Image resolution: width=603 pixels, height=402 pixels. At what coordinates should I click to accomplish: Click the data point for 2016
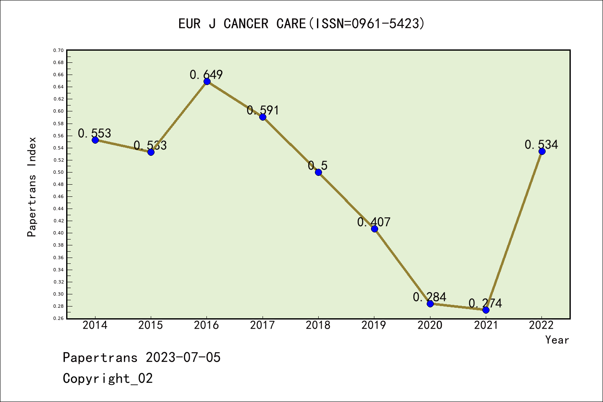click(x=207, y=81)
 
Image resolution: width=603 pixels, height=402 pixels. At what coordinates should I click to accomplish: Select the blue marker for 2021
click(x=486, y=310)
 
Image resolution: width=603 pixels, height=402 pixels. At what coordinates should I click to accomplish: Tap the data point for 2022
click(x=542, y=151)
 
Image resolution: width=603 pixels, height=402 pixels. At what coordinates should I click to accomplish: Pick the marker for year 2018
click(x=318, y=172)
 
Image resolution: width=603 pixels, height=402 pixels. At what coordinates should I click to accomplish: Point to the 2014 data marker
click(x=95, y=140)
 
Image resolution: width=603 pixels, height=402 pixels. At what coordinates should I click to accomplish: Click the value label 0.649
click(x=206, y=75)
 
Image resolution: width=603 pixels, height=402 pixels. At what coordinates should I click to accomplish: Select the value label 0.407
click(x=374, y=222)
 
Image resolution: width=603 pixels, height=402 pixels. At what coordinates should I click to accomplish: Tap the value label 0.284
click(x=429, y=297)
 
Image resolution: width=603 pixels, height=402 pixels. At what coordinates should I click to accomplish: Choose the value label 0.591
click(x=263, y=110)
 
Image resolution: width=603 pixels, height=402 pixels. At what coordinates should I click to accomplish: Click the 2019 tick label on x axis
click(x=374, y=325)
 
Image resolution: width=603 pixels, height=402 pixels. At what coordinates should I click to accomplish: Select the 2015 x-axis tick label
click(x=151, y=325)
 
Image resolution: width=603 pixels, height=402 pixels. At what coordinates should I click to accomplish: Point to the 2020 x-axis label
click(x=430, y=325)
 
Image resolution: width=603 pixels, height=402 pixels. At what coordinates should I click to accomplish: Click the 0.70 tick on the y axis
click(x=58, y=50)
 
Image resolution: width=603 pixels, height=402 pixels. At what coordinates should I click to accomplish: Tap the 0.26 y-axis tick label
click(x=58, y=319)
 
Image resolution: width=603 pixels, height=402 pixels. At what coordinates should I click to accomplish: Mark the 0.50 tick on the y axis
click(x=58, y=172)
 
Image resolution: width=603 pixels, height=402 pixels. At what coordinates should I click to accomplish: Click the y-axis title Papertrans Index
click(x=32, y=187)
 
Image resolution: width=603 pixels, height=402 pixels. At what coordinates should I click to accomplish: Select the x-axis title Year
click(x=557, y=340)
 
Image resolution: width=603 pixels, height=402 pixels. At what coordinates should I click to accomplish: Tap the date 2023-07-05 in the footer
click(x=183, y=357)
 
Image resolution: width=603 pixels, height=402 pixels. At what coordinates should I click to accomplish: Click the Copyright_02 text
click(x=108, y=378)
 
